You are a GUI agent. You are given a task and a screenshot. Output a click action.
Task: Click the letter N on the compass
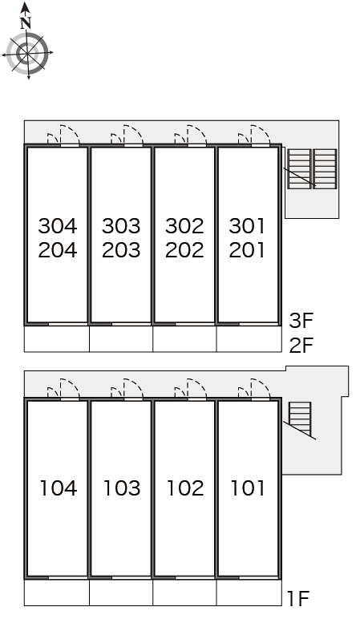26,23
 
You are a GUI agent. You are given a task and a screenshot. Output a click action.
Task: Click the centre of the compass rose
27,53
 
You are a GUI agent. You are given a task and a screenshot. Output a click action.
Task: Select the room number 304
58,226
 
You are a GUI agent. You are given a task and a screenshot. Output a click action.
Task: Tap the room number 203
121,250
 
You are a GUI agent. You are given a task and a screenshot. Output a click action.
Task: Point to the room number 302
184,226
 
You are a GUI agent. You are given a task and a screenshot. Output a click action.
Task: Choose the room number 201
247,250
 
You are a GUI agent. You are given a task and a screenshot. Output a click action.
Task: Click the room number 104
58,488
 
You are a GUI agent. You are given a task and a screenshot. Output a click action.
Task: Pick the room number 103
122,488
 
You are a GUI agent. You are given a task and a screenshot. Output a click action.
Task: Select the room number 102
185,488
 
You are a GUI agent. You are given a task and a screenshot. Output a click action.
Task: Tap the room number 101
248,488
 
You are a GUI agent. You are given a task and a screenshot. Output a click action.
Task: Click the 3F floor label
301,321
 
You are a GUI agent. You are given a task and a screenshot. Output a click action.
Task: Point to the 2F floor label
301,345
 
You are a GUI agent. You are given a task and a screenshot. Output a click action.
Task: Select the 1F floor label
298,598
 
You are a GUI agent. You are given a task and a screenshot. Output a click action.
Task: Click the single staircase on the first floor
300,419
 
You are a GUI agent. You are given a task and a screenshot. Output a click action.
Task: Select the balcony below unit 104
57,593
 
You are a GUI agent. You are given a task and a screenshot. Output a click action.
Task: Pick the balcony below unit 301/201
249,338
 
